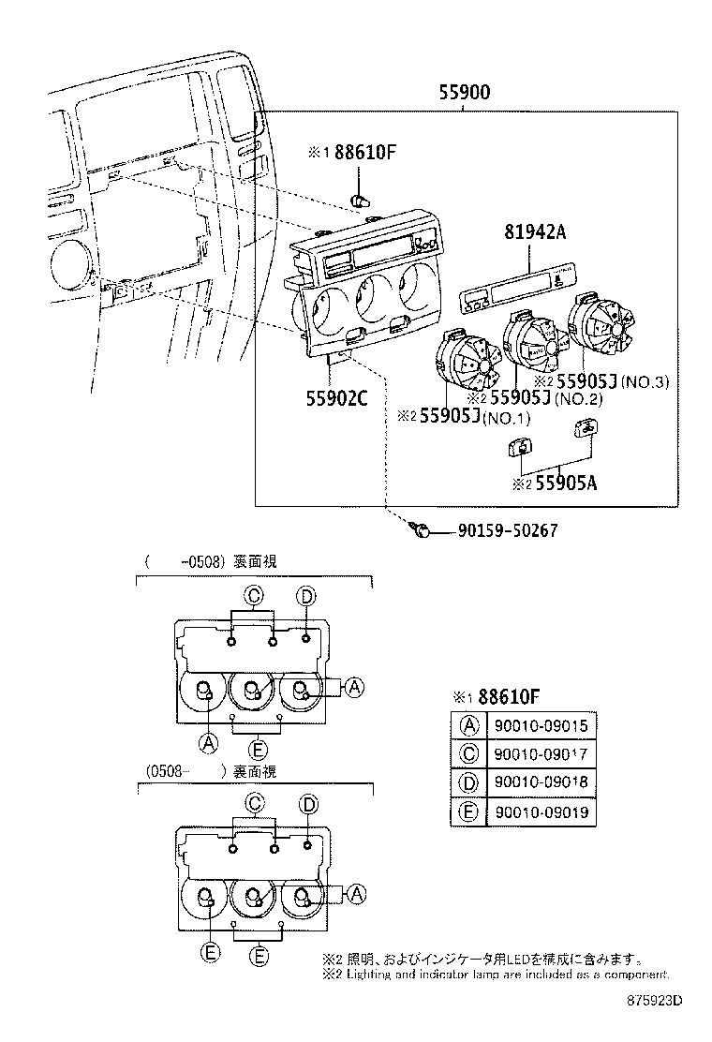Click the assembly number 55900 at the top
click(x=465, y=92)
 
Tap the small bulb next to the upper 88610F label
click(x=360, y=200)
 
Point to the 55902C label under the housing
click(x=335, y=396)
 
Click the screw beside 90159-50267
click(x=421, y=531)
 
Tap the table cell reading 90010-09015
click(x=542, y=724)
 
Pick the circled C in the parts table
click(x=467, y=753)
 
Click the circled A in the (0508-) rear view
click(x=354, y=895)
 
